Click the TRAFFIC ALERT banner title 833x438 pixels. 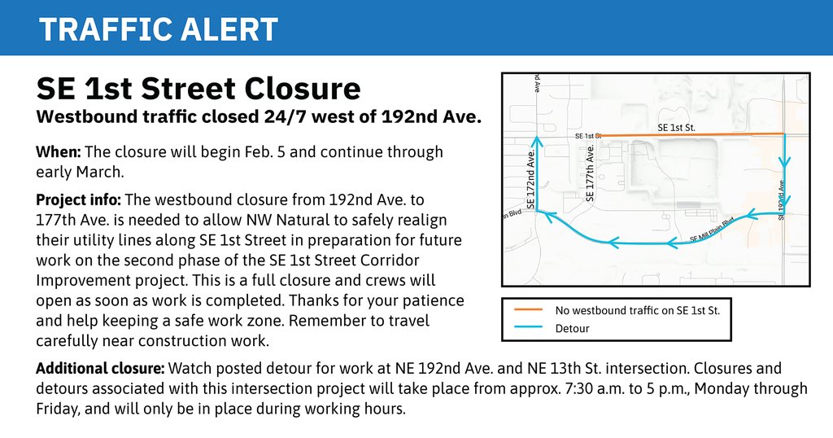tap(159, 29)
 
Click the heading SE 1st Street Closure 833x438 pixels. tap(198, 88)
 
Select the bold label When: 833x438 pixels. tap(58, 152)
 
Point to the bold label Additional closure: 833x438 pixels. tap(100, 369)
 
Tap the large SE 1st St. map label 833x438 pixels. tap(676, 128)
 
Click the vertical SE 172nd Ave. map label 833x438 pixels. tap(530, 180)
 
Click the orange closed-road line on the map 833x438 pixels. tap(691, 134)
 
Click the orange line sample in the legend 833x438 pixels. tap(530, 310)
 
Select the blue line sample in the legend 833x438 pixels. tap(530, 329)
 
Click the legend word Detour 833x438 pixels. tap(572, 329)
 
